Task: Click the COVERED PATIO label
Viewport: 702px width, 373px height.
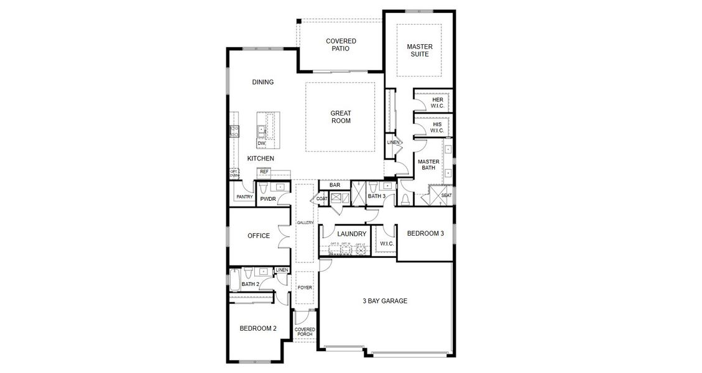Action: click(341, 45)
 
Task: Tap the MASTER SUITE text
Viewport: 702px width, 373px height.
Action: click(420, 50)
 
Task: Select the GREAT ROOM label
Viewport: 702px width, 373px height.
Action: click(340, 117)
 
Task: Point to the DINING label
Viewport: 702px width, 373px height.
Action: click(263, 82)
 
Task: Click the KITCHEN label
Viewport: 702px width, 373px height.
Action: click(261, 159)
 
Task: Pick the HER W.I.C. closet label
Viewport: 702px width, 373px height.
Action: click(437, 103)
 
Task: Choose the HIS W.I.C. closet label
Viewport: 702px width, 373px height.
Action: click(437, 127)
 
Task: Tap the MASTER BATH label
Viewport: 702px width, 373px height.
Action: click(428, 165)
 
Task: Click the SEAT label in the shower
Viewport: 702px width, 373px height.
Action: click(446, 196)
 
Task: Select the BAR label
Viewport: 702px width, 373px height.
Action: click(335, 185)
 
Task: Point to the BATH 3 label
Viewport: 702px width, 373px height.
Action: click(377, 196)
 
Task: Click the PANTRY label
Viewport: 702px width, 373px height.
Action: click(244, 197)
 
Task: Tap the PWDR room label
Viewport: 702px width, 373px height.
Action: click(268, 199)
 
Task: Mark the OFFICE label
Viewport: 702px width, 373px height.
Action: click(259, 236)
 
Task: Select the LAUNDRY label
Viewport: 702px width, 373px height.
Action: click(342, 234)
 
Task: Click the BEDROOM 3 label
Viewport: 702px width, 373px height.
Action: click(425, 234)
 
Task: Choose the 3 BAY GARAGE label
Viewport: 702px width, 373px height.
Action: click(385, 301)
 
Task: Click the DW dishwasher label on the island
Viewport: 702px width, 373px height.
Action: click(261, 144)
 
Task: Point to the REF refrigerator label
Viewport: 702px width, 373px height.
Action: click(264, 172)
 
